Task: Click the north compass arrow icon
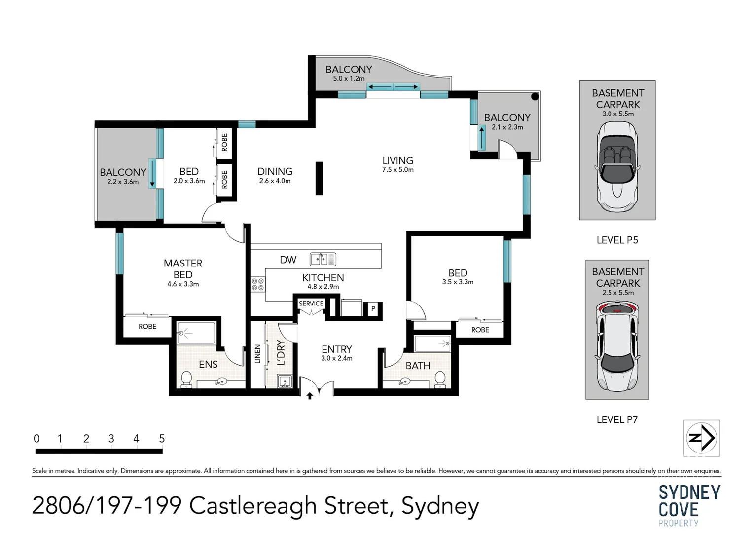click(701, 438)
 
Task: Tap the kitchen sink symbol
click(323, 259)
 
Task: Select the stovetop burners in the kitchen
click(258, 284)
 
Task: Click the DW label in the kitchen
click(288, 260)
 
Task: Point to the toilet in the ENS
click(186, 379)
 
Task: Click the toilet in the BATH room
click(440, 379)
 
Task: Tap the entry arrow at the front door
click(310, 396)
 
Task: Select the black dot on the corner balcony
click(535, 97)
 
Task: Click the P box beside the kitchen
click(373, 308)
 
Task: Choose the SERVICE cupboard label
click(311, 303)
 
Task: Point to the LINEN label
click(257, 354)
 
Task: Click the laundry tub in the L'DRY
click(285, 381)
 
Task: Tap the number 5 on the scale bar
click(162, 438)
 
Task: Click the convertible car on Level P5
click(617, 167)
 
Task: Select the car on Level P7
click(617, 346)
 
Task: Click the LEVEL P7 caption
click(617, 419)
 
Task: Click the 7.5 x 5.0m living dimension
click(397, 170)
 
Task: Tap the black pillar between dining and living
click(320, 178)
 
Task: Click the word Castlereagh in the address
click(253, 506)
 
